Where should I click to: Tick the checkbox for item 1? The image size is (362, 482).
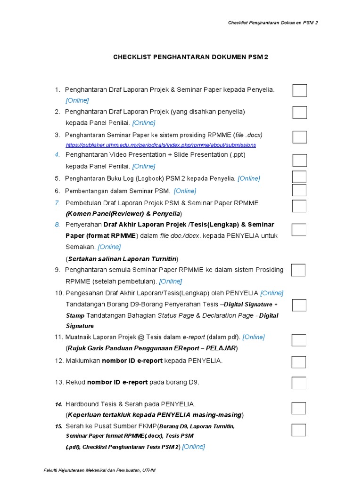(x=299, y=90)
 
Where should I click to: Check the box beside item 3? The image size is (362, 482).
(x=299, y=137)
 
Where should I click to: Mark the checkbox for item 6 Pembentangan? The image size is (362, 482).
(x=299, y=190)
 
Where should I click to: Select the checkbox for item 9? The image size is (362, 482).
(x=298, y=270)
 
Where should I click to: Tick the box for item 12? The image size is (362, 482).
(x=299, y=361)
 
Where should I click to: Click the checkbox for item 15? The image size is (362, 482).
(x=299, y=430)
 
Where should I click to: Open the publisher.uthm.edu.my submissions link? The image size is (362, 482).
(x=161, y=145)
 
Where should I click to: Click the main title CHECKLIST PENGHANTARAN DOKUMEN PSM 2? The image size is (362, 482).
(x=190, y=57)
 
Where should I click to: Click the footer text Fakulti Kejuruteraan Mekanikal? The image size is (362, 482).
(x=99, y=470)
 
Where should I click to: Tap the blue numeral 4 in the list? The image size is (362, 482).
(x=57, y=154)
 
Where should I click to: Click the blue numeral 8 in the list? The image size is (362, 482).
(x=57, y=225)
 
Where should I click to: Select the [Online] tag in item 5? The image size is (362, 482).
(x=248, y=178)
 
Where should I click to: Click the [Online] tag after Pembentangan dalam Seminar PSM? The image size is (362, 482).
(x=185, y=191)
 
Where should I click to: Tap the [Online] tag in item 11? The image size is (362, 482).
(x=254, y=337)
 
